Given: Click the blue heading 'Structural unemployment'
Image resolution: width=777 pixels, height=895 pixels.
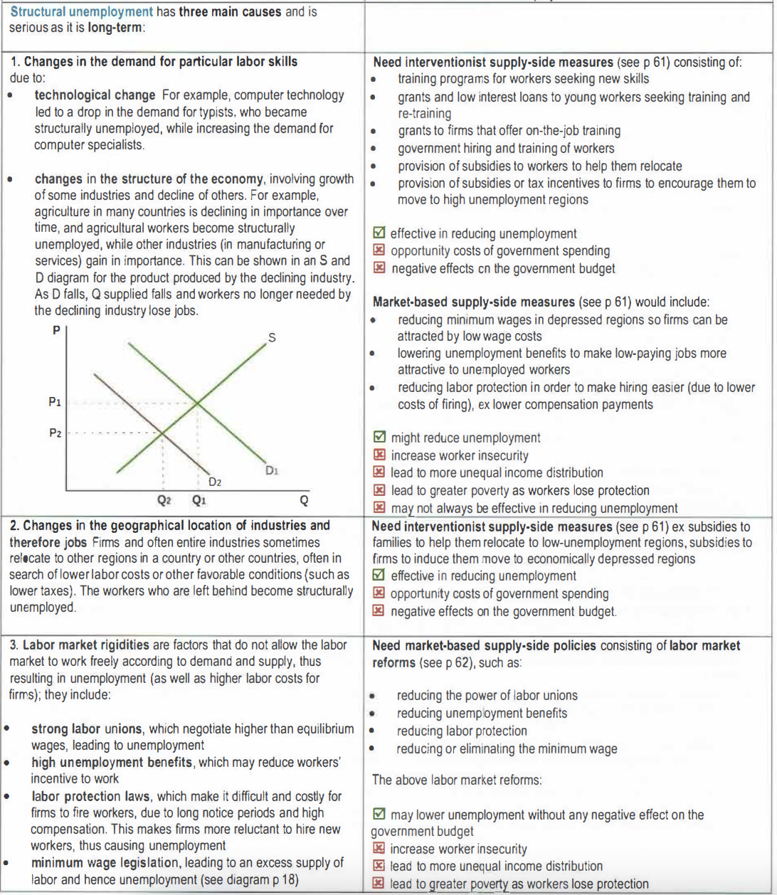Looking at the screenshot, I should [x=82, y=11].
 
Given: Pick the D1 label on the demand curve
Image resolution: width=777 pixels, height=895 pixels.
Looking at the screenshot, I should [x=271, y=470].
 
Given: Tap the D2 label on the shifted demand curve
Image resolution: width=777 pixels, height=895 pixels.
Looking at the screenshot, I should [x=215, y=482].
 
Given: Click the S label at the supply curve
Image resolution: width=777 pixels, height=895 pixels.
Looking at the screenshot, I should [x=271, y=338].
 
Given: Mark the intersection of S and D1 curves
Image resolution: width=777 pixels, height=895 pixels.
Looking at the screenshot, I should [x=198, y=403].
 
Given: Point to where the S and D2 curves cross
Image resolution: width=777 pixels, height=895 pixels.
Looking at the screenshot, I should [x=162, y=433].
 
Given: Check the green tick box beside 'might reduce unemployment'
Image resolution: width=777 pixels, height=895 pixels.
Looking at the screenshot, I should [x=380, y=438].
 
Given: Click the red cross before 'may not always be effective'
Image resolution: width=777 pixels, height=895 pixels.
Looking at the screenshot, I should [x=380, y=508].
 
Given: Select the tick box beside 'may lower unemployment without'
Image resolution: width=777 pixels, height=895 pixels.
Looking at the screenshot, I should [x=380, y=814].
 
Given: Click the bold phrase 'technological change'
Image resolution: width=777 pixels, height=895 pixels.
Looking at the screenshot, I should [x=95, y=95].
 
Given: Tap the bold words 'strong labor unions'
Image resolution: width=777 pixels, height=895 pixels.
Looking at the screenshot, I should [x=87, y=729].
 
